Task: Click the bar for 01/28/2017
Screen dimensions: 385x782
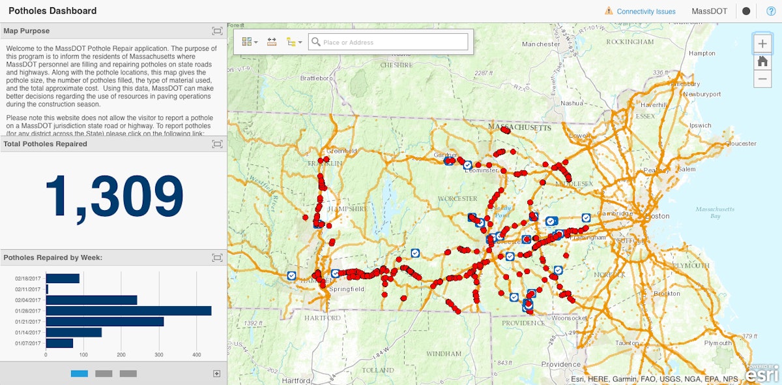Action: coord(128,311)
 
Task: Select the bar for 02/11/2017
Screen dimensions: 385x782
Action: coord(47,289)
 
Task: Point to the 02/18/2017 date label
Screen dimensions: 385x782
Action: coord(29,279)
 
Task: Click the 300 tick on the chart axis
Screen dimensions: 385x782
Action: coord(196,355)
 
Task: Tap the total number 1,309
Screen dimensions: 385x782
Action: coord(114,196)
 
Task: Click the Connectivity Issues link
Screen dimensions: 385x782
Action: coord(646,11)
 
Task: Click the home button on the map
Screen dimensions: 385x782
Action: coord(762,61)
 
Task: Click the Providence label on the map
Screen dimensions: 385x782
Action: coord(560,364)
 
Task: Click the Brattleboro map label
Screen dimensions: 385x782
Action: coord(316,78)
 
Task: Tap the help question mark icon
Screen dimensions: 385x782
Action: coord(771,11)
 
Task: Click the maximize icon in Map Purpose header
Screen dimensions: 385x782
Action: coord(217,31)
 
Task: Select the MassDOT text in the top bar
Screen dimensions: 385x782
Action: coord(709,11)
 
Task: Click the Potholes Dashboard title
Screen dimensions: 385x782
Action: coord(52,10)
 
